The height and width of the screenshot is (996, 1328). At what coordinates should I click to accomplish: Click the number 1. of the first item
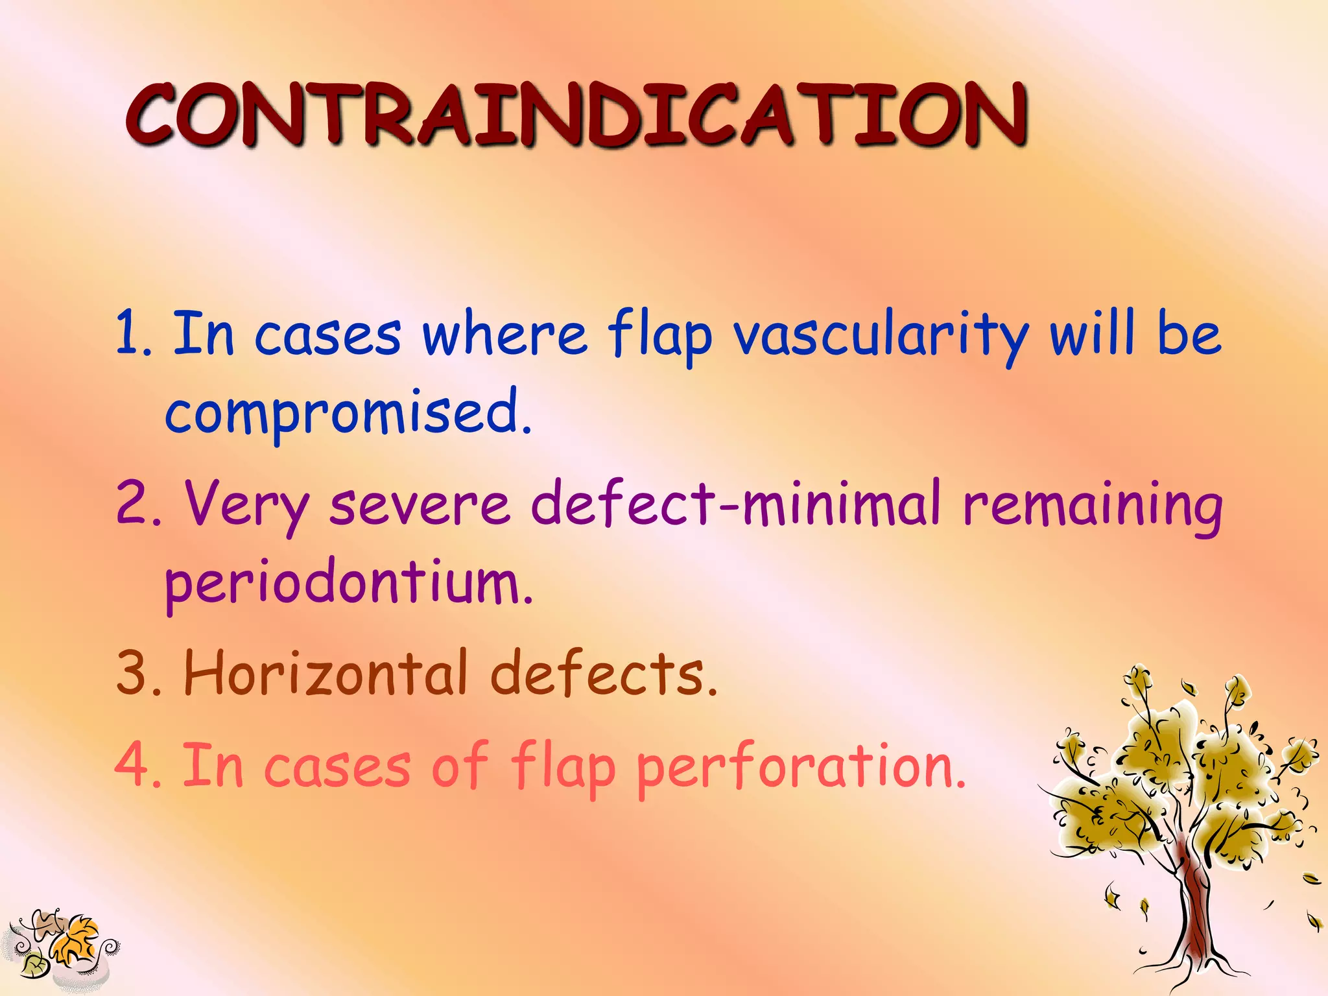point(134,334)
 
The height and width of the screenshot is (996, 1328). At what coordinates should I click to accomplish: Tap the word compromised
point(348,413)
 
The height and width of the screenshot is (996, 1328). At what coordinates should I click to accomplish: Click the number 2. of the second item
point(138,504)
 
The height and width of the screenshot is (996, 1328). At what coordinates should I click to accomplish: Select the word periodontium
point(348,583)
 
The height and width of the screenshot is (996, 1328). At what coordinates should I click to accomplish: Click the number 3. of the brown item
point(138,674)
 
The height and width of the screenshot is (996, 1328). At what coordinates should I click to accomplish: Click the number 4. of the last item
point(138,766)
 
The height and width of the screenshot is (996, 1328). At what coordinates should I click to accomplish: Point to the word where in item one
point(504,335)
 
